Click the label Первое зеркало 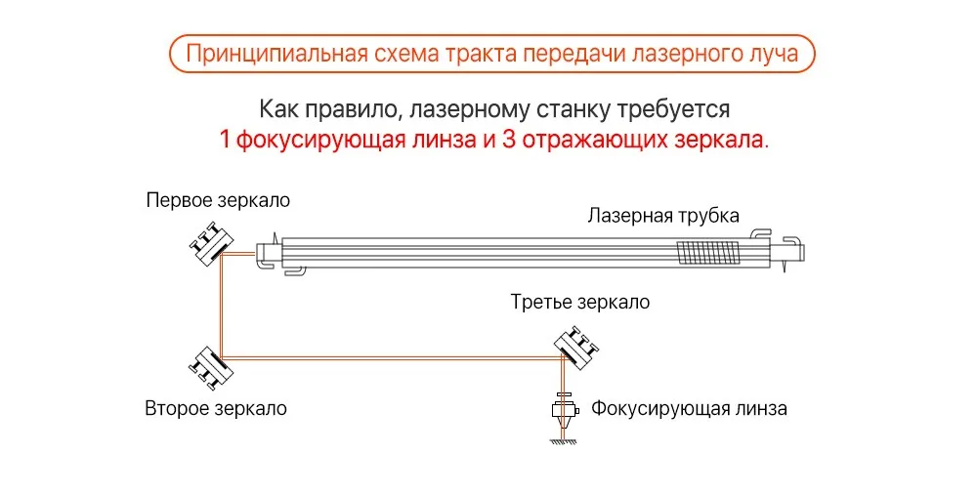click(218, 201)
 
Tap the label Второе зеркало click(216, 408)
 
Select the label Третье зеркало click(579, 302)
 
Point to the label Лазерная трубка click(663, 216)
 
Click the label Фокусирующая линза click(689, 408)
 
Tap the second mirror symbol click(209, 364)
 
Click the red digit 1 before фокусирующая click(225, 139)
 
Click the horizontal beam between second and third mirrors click(391, 359)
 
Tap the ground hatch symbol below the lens click(565, 442)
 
